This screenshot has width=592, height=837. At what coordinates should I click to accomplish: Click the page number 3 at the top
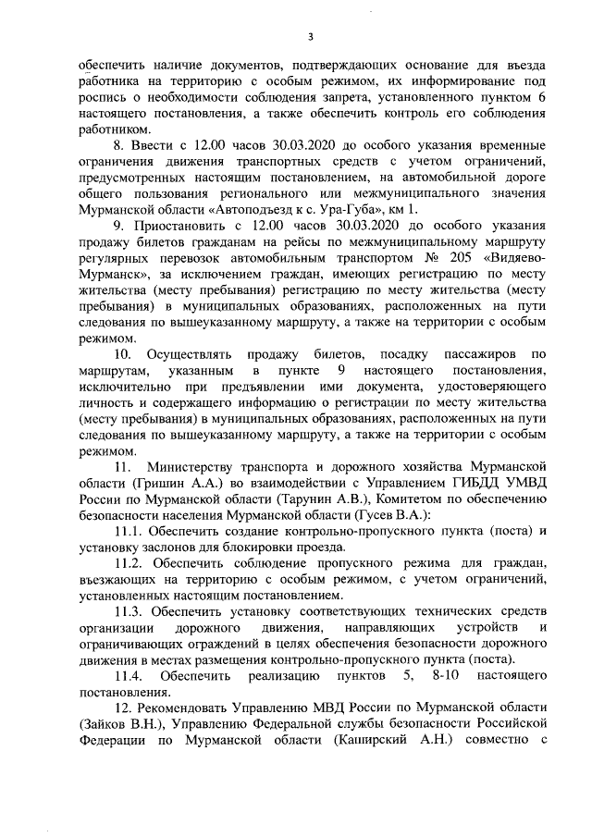tap(311, 36)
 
